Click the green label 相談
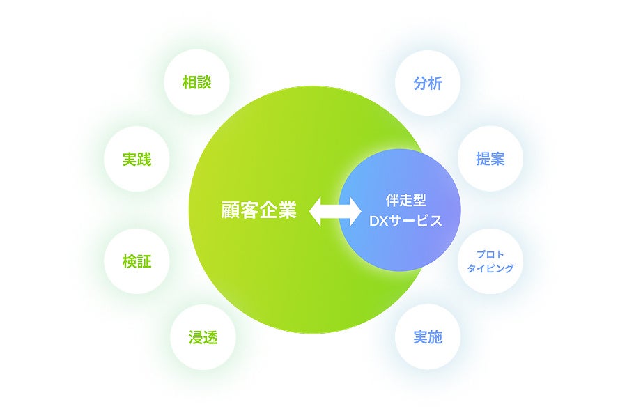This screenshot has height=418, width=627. click(196, 83)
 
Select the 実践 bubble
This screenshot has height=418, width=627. click(137, 160)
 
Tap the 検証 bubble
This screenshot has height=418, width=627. click(137, 262)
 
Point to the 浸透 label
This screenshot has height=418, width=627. click(203, 338)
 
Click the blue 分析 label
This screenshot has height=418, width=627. click(427, 83)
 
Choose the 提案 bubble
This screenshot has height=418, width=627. click(490, 159)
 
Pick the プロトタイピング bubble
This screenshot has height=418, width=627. click(490, 261)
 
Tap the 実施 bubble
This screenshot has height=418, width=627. click(427, 338)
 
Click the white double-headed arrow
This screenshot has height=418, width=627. click(335, 210)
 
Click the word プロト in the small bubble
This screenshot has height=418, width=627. click(490, 254)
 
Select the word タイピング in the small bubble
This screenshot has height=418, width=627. click(490, 268)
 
